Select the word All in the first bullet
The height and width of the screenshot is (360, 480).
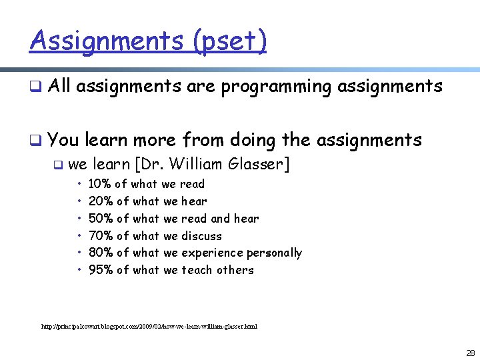click(x=60, y=86)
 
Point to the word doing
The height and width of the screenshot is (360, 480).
click(x=253, y=140)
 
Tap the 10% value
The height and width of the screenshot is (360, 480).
click(x=99, y=184)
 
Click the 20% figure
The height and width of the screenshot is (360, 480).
click(x=99, y=201)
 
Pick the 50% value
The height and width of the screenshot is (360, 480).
click(x=99, y=219)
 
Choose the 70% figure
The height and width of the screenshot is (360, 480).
click(x=99, y=236)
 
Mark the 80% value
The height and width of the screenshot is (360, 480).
click(x=99, y=253)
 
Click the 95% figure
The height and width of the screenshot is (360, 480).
click(x=99, y=270)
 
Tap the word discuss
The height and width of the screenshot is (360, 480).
click(x=202, y=236)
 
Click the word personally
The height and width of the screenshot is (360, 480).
click(x=275, y=253)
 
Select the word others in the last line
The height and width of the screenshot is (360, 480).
click(x=235, y=270)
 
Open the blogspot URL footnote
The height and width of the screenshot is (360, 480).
click(x=149, y=327)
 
